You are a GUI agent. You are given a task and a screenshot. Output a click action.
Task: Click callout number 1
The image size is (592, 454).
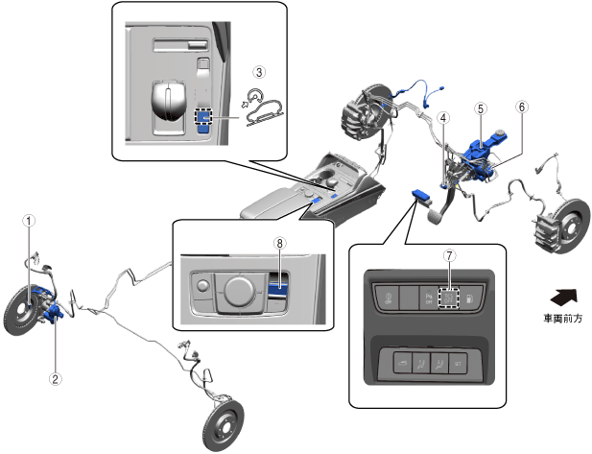[x=30, y=220]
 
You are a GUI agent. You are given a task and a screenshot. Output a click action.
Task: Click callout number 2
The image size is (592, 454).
[x=56, y=378]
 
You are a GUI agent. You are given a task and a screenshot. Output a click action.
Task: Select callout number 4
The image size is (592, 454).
[x=443, y=118]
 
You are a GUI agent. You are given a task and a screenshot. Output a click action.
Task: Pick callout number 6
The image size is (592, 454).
[x=521, y=108]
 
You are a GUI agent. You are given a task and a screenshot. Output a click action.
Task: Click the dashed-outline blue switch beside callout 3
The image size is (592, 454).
[x=203, y=116]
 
